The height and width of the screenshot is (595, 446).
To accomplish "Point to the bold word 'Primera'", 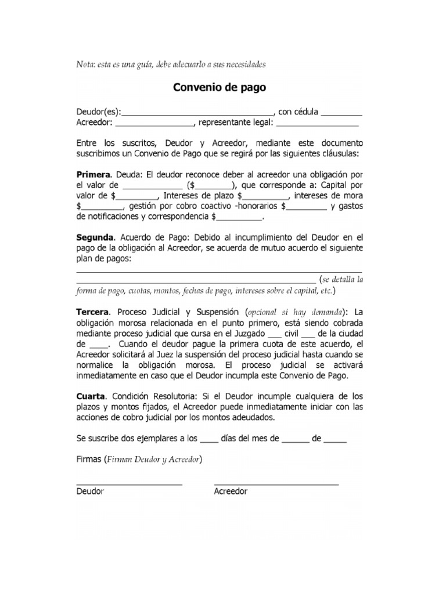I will (93, 174).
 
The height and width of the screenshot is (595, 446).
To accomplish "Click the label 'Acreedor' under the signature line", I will (231, 492).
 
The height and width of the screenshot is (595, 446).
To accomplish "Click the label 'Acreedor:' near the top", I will (95, 123).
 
